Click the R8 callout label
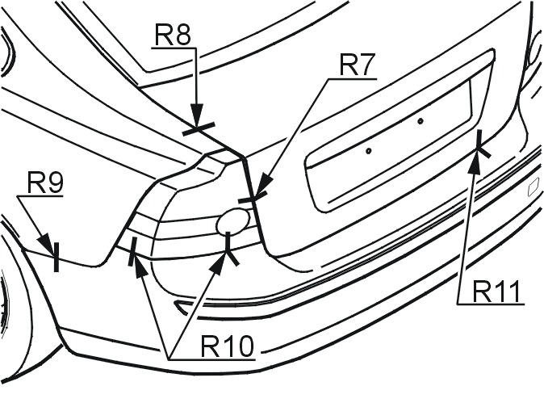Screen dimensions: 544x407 coord(173,35)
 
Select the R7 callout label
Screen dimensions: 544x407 coord(358,65)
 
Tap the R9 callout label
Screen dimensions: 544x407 coord(45,183)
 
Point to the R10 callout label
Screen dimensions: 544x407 coord(228,346)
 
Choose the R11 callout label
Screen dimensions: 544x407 coord(496,292)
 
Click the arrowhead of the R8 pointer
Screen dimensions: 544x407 coord(197,115)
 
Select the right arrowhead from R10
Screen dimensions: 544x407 coord(219,263)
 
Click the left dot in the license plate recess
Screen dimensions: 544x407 coord(368,151)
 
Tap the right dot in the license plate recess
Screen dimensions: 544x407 coord(421,121)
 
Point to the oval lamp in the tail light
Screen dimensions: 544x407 coord(232,221)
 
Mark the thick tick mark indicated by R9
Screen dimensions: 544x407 coord(56,257)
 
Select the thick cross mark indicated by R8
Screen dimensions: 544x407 coord(199,128)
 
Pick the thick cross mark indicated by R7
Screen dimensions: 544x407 coord(253,196)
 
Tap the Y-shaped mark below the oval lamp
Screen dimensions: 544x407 coord(229,250)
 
